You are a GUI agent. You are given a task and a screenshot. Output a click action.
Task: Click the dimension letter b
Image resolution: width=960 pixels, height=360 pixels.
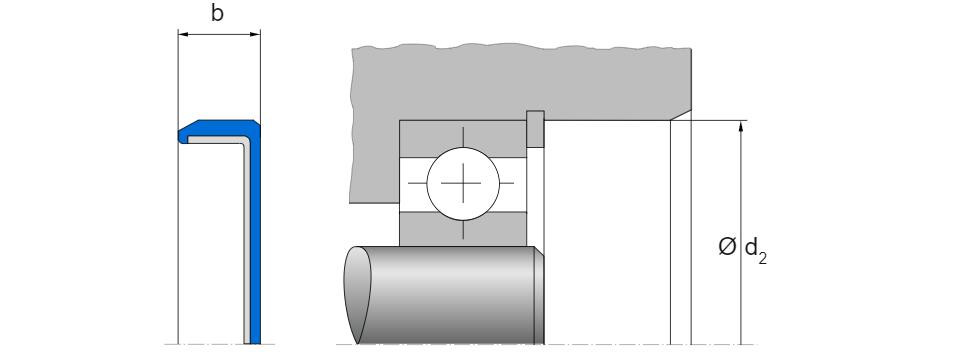tap(217, 13)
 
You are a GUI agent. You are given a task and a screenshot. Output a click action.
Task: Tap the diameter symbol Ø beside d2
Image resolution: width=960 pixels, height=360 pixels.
tap(727, 247)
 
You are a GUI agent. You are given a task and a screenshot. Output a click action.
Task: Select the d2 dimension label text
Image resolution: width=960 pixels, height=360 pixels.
tap(756, 250)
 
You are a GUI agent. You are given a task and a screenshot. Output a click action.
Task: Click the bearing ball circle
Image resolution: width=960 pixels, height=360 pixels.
tap(463, 183)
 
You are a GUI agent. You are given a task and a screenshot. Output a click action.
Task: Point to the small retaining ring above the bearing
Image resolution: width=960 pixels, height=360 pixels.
tap(535, 129)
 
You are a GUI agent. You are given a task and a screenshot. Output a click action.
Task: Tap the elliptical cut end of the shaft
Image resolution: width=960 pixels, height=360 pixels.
tap(358, 294)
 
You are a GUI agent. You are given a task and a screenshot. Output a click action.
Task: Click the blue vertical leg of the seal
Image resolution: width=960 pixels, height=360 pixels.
tap(255, 239)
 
